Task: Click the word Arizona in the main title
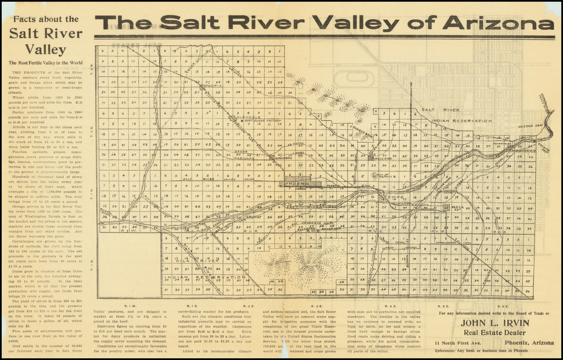(x=499, y=23)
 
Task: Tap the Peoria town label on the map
(x=213, y=86)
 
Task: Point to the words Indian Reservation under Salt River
(x=462, y=121)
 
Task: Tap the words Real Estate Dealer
(x=494, y=333)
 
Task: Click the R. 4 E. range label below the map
(x=391, y=306)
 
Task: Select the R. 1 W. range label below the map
(x=130, y=306)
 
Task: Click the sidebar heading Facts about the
(x=46, y=19)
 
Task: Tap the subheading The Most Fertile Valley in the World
(x=46, y=63)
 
